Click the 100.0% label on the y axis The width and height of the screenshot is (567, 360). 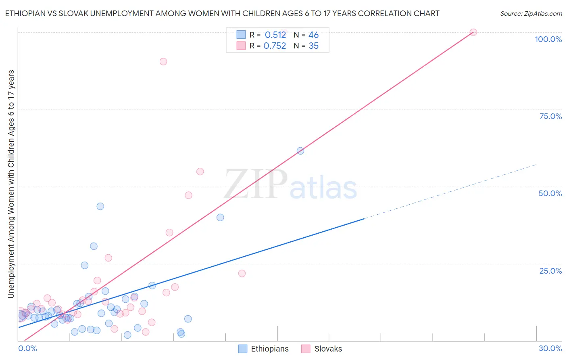click(x=548, y=39)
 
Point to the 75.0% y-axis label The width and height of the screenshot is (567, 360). click(x=550, y=116)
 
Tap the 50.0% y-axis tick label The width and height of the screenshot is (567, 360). click(x=550, y=193)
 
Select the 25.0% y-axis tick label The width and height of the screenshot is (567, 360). click(x=550, y=271)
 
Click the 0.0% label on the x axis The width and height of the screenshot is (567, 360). click(x=27, y=348)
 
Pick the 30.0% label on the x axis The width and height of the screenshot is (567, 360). click(x=550, y=348)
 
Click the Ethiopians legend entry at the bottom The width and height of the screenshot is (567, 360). click(x=269, y=349)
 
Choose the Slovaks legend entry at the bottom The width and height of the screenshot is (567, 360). click(x=328, y=349)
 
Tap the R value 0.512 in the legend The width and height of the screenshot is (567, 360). click(x=275, y=35)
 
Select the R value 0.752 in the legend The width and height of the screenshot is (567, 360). click(x=275, y=46)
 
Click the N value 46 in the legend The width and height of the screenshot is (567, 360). click(x=313, y=35)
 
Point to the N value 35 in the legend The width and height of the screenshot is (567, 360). click(x=313, y=46)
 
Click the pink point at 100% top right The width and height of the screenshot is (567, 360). click(x=473, y=32)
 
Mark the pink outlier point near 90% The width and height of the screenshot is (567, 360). click(x=163, y=61)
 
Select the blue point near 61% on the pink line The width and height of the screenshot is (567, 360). click(x=300, y=151)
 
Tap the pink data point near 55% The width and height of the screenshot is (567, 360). click(x=200, y=172)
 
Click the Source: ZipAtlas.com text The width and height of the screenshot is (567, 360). click(x=531, y=14)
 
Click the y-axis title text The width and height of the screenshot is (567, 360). click(x=11, y=184)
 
